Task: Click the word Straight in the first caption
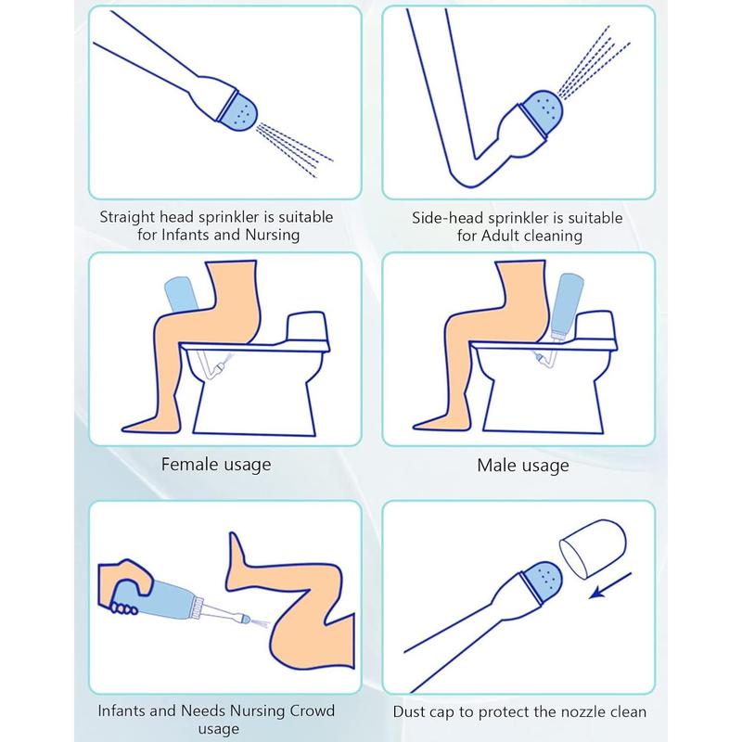tap(127, 217)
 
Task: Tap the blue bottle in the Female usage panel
tap(181, 294)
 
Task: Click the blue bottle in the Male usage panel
tap(568, 306)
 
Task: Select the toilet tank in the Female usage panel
tap(307, 326)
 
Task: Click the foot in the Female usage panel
tap(145, 424)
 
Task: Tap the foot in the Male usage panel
tap(435, 423)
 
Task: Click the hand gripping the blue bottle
tap(124, 586)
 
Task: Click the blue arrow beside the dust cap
tap(610, 585)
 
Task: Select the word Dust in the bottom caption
tap(410, 711)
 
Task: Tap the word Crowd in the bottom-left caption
tap(312, 710)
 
